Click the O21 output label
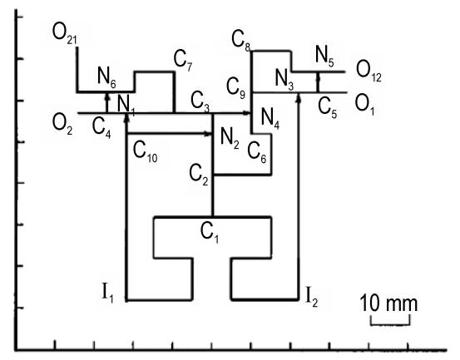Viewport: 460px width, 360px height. [x=65, y=34]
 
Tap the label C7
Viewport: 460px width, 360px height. [x=182, y=61]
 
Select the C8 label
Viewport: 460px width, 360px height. [x=240, y=41]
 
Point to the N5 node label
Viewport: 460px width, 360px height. [x=324, y=57]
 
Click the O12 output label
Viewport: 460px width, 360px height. [x=368, y=72]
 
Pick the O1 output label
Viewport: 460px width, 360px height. [x=364, y=106]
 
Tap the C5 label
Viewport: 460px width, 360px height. [x=328, y=108]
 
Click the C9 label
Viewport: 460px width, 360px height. [x=235, y=88]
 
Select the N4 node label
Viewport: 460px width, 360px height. [x=270, y=119]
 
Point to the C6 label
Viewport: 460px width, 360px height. [x=257, y=153]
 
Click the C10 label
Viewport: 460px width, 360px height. [x=146, y=152]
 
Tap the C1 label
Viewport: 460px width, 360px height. [x=209, y=233]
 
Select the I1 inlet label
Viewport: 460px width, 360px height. [x=107, y=293]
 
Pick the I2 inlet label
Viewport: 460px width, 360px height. [x=312, y=297]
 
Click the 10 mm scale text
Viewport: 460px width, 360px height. [x=388, y=303]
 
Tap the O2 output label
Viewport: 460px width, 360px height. [x=62, y=125]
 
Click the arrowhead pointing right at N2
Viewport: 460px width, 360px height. [x=208, y=134]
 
